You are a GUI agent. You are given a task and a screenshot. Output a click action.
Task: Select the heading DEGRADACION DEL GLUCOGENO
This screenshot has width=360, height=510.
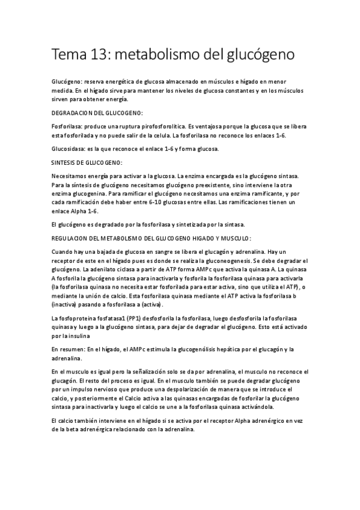[97, 112]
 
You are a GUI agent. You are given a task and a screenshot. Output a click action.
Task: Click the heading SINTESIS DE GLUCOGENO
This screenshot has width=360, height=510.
[88, 162]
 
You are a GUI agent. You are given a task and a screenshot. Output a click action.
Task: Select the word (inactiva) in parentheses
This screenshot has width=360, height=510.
[66, 305]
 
